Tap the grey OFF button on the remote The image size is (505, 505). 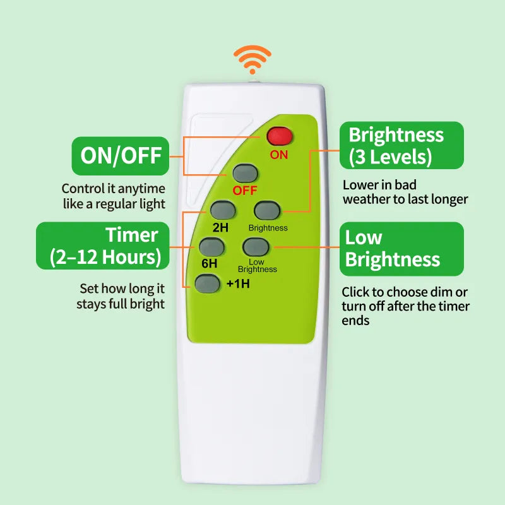(245, 173)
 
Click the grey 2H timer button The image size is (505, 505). (223, 210)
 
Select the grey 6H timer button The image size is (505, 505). (209, 246)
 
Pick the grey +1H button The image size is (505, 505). (207, 283)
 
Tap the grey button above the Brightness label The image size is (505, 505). (267, 210)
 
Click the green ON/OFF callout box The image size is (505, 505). (121, 156)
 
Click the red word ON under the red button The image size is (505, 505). (278, 155)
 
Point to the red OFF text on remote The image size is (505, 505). (245, 191)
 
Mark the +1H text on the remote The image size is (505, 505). (238, 283)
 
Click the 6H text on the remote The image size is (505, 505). (208, 263)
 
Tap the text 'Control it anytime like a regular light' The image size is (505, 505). (113, 196)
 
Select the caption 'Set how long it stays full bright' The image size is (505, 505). (121, 296)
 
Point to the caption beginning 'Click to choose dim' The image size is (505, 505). (405, 306)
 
